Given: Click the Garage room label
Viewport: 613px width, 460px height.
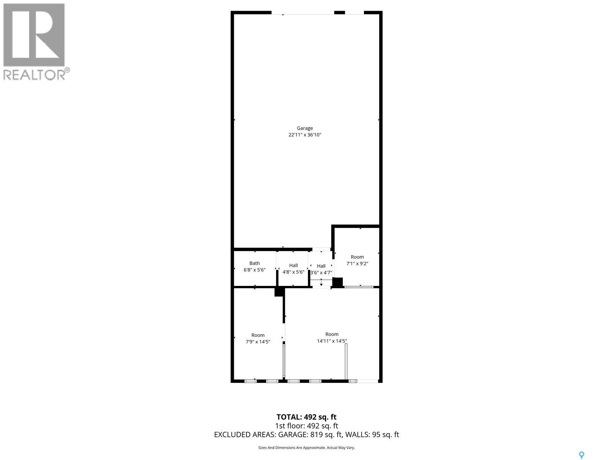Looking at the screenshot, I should (305, 128).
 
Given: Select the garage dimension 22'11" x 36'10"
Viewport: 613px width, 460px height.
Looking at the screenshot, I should (305, 135).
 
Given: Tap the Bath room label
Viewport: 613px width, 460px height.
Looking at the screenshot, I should (254, 263).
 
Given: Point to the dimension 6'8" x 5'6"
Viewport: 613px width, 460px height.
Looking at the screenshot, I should (254, 270).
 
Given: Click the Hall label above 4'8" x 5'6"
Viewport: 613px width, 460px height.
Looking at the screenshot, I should (293, 265).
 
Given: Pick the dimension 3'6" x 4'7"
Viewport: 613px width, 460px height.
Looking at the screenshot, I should (321, 273).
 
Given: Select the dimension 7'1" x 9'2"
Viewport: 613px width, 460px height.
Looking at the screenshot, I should (357, 264).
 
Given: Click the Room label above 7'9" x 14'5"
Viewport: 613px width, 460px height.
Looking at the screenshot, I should (258, 335).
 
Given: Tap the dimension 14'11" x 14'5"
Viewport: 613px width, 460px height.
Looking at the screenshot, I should (332, 341).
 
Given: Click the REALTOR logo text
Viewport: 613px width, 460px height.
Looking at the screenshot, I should (34, 74).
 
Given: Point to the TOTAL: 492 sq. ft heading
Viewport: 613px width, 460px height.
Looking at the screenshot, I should (306, 417).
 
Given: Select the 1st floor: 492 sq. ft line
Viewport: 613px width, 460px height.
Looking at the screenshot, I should (306, 426).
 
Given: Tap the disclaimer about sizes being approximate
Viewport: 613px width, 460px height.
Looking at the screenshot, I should (306, 447).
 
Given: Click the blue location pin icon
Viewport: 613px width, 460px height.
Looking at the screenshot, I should (582, 455).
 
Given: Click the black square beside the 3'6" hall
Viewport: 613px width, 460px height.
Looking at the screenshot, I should (337, 283).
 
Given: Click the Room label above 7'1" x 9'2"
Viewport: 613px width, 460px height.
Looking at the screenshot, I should (357, 257).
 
